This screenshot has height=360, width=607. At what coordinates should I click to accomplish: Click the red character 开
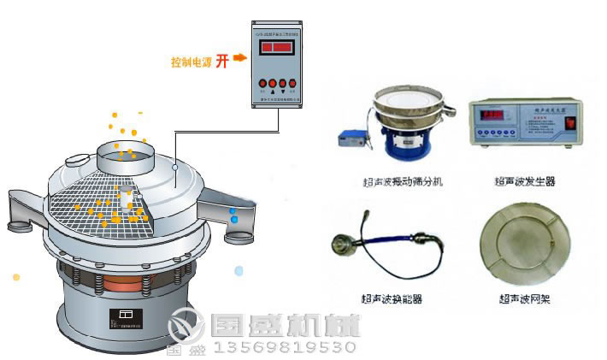point(221,61)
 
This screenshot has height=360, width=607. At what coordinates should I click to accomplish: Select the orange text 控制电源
point(189,62)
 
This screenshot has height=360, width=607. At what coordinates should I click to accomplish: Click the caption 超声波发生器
point(523,181)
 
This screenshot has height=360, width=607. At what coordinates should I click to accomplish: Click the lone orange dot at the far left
point(16,277)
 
